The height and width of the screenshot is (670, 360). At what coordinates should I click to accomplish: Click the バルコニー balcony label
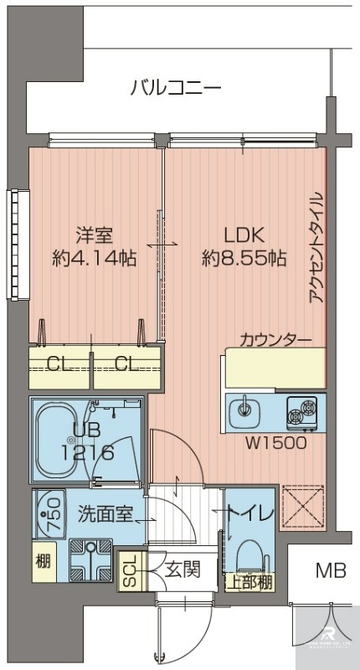tap(176, 87)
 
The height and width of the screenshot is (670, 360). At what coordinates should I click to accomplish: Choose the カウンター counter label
tap(275, 339)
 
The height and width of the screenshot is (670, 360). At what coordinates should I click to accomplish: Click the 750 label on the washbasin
tap(51, 508)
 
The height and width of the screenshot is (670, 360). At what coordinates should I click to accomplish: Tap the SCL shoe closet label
tap(129, 570)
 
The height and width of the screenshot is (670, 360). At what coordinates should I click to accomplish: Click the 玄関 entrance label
tap(182, 570)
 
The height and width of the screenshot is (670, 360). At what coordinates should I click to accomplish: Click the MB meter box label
tap(330, 571)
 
